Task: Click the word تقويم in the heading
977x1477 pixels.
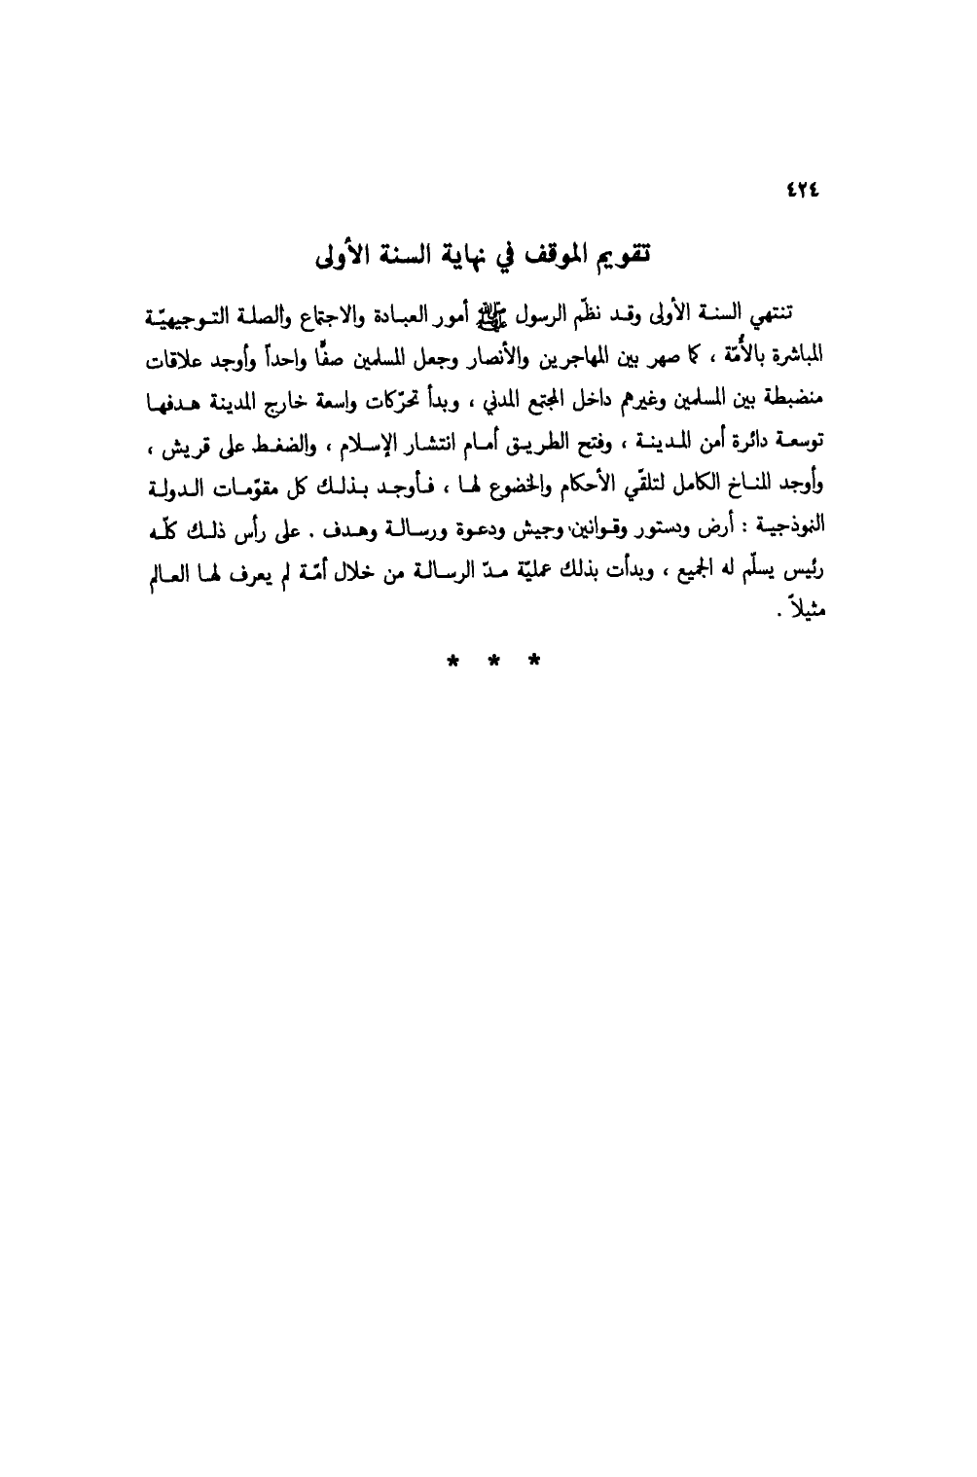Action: point(620,257)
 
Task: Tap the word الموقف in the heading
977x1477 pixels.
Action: point(548,257)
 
